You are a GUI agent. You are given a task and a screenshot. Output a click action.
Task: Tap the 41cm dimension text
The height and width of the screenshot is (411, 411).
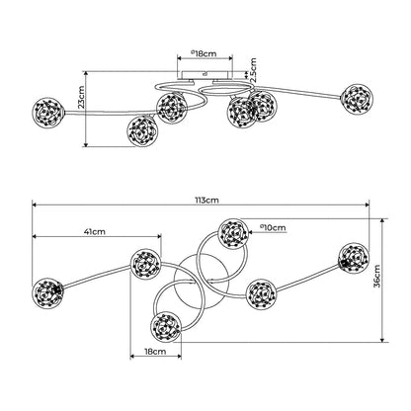pyautogui.click(x=95, y=232)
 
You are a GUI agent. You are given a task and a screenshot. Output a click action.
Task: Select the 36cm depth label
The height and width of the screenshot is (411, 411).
pyautogui.click(x=376, y=276)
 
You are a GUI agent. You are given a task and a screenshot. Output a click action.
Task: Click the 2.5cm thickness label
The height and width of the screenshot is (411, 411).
pyautogui.click(x=253, y=70)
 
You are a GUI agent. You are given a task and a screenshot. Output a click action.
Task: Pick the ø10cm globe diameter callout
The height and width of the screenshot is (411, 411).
pyautogui.click(x=273, y=227)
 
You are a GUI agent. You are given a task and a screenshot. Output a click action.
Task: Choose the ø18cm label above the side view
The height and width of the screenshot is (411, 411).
pyautogui.click(x=204, y=53)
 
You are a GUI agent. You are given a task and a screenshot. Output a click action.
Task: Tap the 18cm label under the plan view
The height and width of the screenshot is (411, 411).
pyautogui.click(x=155, y=352)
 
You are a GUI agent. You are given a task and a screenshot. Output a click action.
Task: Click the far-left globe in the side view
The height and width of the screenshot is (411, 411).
pyautogui.click(x=48, y=113)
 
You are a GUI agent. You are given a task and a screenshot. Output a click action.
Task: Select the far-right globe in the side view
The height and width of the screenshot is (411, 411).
pyautogui.click(x=358, y=99)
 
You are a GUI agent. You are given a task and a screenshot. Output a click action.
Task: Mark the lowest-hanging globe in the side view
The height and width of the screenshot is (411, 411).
pyautogui.click(x=142, y=130)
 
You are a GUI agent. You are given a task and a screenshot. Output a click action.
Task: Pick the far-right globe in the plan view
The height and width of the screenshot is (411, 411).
pyautogui.click(x=354, y=258)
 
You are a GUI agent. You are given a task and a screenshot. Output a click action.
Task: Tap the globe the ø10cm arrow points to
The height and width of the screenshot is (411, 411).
pyautogui.click(x=233, y=233)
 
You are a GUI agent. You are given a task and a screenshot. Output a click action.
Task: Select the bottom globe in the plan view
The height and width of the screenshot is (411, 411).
pyautogui.click(x=166, y=327)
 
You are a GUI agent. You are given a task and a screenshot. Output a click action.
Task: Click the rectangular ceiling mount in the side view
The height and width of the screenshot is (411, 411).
pyautogui.click(x=205, y=75)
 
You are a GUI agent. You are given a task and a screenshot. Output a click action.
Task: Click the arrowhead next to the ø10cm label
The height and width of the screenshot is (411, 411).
pyautogui.click(x=251, y=232)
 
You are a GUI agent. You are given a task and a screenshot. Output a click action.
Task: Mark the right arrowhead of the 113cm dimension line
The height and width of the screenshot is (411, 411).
pyautogui.click(x=367, y=205)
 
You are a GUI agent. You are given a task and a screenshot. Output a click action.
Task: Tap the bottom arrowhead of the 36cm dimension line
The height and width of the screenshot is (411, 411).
pyautogui.click(x=382, y=340)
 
